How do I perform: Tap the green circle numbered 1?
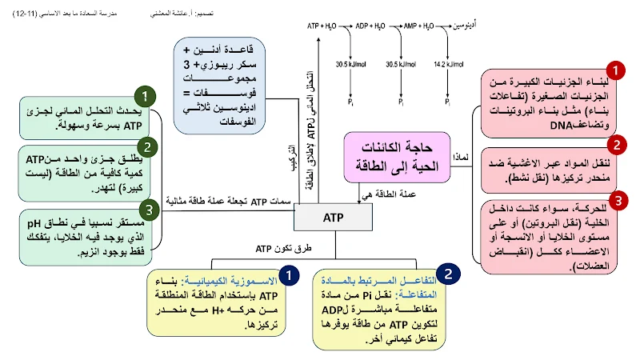[145, 98]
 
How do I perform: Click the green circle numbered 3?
[149, 210]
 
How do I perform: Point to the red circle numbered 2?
[616, 145]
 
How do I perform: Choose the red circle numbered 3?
[616, 199]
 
